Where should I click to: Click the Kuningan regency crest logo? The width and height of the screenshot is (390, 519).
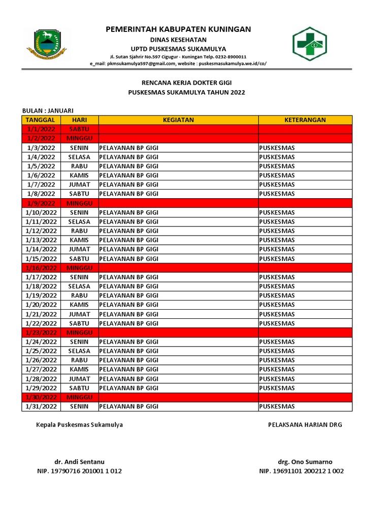pyautogui.click(x=46, y=44)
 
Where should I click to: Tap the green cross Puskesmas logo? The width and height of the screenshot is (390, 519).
pyautogui.click(x=309, y=44)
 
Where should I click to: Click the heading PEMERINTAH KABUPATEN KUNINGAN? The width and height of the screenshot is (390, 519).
pyautogui.click(x=178, y=29)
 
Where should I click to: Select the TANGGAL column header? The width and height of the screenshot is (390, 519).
pyautogui.click(x=41, y=120)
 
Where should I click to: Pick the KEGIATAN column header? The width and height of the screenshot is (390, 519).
pyautogui.click(x=178, y=120)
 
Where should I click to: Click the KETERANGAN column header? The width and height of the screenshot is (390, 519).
pyautogui.click(x=305, y=120)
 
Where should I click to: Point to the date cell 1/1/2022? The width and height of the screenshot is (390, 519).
pyautogui.click(x=41, y=129)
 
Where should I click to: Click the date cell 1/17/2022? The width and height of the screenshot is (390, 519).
pyautogui.click(x=41, y=277)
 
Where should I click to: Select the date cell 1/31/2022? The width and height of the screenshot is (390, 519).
pyautogui.click(x=41, y=406)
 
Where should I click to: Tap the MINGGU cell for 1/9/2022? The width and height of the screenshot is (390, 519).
pyautogui.click(x=79, y=203)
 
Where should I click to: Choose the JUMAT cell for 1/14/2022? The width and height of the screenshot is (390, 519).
pyautogui.click(x=79, y=249)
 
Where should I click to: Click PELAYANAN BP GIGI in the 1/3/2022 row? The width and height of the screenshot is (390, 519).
pyautogui.click(x=129, y=147)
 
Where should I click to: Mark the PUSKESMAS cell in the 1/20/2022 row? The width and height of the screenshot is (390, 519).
pyautogui.click(x=277, y=305)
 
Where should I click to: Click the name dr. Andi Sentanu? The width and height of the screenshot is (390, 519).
pyautogui.click(x=79, y=462)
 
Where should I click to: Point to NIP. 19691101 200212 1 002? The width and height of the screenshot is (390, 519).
pyautogui.click(x=302, y=471)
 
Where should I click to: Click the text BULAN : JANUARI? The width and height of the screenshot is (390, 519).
pyautogui.click(x=48, y=111)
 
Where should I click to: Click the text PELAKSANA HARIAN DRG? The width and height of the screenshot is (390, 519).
pyautogui.click(x=305, y=425)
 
